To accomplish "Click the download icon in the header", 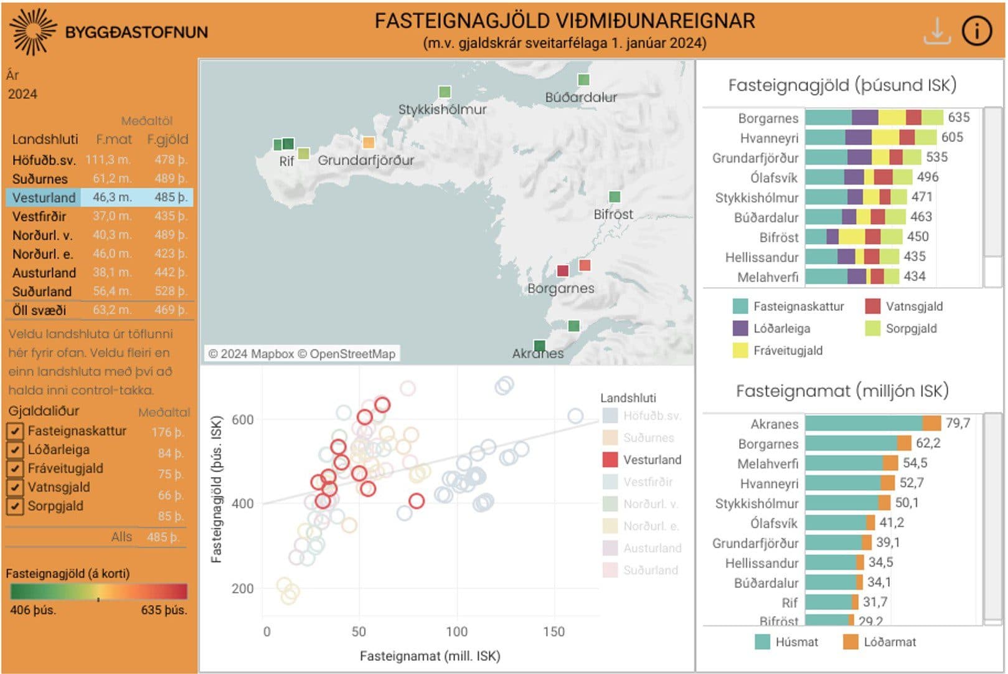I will tap(937, 31).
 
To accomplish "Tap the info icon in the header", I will tap(977, 31).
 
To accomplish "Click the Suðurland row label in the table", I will tap(42, 292).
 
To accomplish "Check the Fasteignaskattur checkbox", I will tap(15, 431).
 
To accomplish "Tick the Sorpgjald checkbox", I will tap(15, 506).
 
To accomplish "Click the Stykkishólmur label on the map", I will tap(442, 110).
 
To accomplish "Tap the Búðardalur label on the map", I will tap(581, 97).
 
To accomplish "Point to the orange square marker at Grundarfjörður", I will tap(369, 143).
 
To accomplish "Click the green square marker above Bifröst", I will tap(615, 197).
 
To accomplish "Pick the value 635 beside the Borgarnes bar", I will tap(959, 117).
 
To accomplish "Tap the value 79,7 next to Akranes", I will tap(958, 424).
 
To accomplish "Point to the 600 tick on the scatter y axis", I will tap(242, 420).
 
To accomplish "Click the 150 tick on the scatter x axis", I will tap(553, 632).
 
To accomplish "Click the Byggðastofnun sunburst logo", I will tap(32, 31).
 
